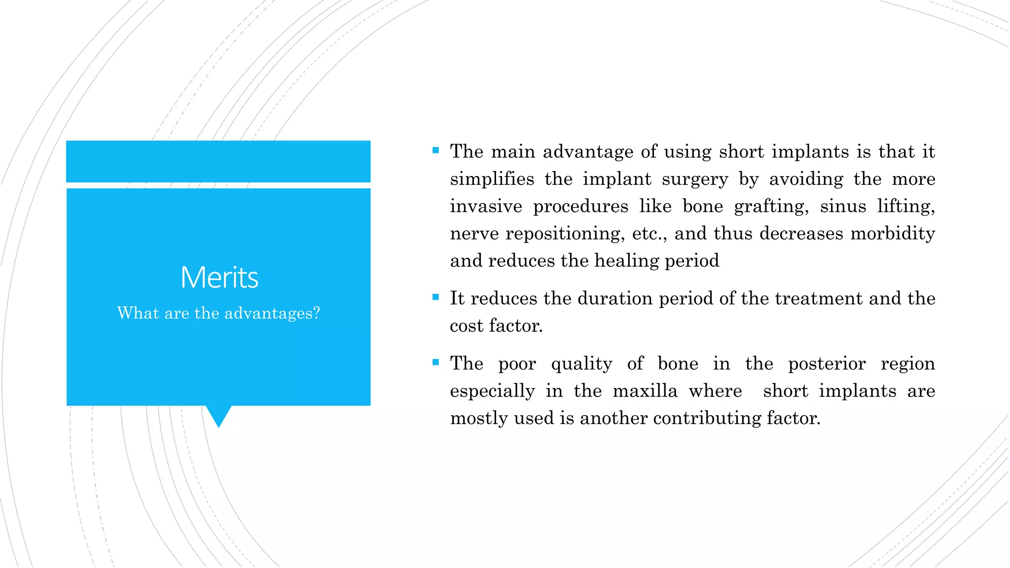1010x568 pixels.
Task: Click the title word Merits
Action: point(219,277)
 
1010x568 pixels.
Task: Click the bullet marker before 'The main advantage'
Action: point(435,150)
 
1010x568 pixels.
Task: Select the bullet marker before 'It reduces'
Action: point(435,297)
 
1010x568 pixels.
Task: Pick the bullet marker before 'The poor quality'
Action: point(435,362)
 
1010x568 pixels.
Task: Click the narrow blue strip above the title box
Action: point(218,161)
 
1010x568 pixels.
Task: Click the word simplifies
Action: point(492,179)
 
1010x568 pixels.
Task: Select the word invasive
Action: point(486,206)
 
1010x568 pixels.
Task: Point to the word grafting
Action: point(771,206)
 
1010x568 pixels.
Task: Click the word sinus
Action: point(843,206)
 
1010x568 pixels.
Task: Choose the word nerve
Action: point(474,233)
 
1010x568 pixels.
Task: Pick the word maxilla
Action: point(645,391)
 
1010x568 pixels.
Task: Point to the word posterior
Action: point(827,364)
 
